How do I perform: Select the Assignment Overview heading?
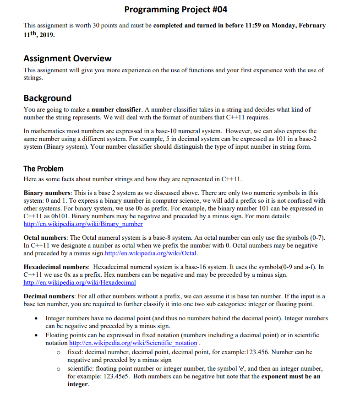pyautogui.click(x=67, y=58)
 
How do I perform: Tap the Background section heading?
pyautogui.click(x=47, y=98)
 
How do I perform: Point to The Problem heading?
pyautogui.click(x=43, y=168)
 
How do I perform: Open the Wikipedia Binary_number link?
pyautogui.click(x=83, y=224)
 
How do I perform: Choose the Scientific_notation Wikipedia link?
pyautogui.click(x=133, y=343)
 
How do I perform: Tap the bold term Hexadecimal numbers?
pyautogui.click(x=55, y=267)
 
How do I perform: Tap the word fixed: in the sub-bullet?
pyautogui.click(x=75, y=352)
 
